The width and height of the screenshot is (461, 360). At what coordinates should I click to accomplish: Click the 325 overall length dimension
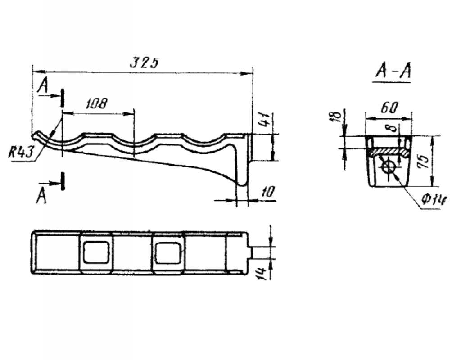pyautogui.click(x=145, y=62)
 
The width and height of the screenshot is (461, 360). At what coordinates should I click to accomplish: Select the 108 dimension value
pyautogui.click(x=97, y=103)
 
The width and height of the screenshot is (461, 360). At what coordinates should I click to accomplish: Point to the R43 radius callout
pyautogui.click(x=20, y=153)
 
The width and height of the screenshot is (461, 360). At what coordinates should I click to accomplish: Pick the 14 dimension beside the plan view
pyautogui.click(x=263, y=273)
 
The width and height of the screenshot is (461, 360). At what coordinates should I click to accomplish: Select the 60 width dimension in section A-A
pyautogui.click(x=389, y=108)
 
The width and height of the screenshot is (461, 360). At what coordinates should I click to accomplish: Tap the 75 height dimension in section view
pyautogui.click(x=423, y=162)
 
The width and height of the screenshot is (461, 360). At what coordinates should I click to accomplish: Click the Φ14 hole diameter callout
pyautogui.click(x=434, y=200)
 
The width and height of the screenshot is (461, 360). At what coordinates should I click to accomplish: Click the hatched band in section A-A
pyautogui.click(x=388, y=152)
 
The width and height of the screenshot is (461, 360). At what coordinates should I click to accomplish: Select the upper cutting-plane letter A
pyautogui.click(x=43, y=86)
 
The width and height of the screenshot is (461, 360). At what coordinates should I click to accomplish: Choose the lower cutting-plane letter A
pyautogui.click(x=41, y=196)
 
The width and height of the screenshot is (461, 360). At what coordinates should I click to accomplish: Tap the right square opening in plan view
pyautogui.click(x=168, y=253)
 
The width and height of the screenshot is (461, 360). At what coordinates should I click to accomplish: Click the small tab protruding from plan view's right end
pyautogui.click(x=250, y=252)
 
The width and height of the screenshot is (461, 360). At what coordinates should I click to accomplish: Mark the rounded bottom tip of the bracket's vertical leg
pyautogui.click(x=241, y=184)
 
